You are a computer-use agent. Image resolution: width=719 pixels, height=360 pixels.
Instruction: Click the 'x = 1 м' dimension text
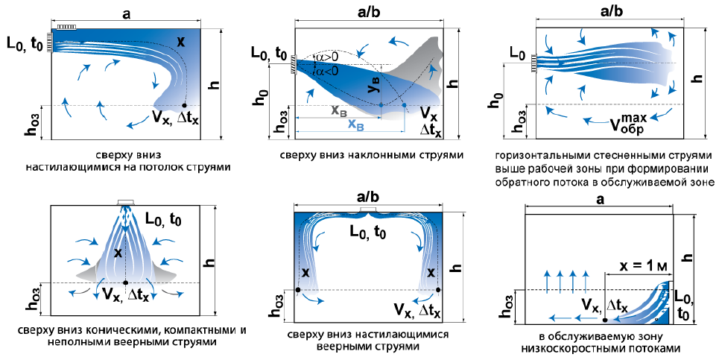[x=642, y=266]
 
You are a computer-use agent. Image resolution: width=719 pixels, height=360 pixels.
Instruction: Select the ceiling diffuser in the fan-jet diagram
[x=368, y=209]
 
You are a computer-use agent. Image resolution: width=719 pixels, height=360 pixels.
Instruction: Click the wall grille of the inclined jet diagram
[x=294, y=64]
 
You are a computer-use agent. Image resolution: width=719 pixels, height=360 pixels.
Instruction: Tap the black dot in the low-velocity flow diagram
[x=605, y=320]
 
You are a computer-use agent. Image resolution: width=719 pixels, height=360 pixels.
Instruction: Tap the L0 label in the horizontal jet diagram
[x=517, y=54]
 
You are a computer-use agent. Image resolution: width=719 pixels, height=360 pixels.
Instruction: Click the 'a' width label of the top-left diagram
[x=127, y=13]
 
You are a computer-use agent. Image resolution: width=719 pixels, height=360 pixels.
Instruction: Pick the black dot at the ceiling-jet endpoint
[x=185, y=105]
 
